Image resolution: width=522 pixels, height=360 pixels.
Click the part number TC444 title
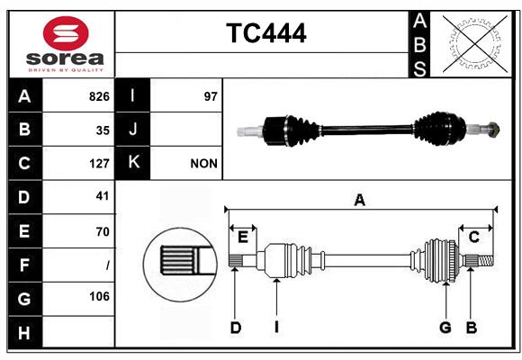tap(265, 33)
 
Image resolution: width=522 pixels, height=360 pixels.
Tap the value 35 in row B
tap(103, 130)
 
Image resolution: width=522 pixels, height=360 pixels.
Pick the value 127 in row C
tap(99, 164)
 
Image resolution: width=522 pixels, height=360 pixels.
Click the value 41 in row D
tap(102, 196)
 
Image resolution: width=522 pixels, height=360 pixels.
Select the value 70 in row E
tap(102, 231)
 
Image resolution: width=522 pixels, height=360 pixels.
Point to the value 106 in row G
tap(99, 296)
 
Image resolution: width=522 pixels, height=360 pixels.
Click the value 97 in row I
tap(211, 96)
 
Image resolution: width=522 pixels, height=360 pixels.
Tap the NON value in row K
tap(202, 164)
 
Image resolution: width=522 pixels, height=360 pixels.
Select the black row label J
tap(133, 130)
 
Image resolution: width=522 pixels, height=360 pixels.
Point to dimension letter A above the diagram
tap(359, 200)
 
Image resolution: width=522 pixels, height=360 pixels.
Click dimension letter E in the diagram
tap(242, 237)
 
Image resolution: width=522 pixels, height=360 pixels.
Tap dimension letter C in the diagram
tap(473, 237)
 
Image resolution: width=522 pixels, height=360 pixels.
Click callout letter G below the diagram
tap(445, 328)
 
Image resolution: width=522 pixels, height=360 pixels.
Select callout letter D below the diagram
tap(235, 328)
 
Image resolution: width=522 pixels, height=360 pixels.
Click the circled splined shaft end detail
tap(177, 262)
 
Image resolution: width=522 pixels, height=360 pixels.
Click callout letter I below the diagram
tap(277, 328)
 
